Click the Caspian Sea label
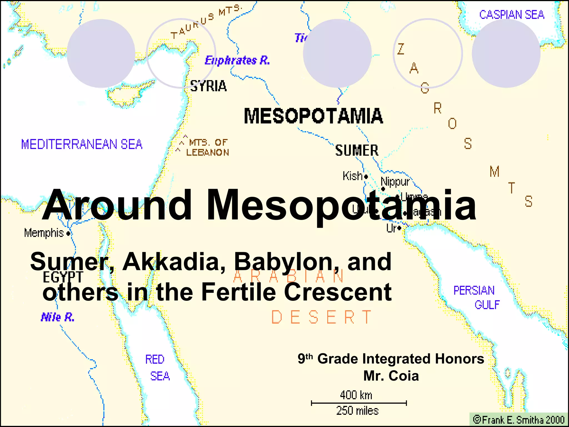coord(511,15)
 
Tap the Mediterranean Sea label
coord(82,144)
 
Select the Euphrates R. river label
coord(237,60)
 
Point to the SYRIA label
coord(208,86)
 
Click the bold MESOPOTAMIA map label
coord(313,116)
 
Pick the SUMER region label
coord(357,150)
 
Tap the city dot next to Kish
coord(366,177)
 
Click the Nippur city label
coord(395,182)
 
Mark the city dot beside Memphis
coord(68,234)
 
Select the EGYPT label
coord(63,277)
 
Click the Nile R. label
coord(58,317)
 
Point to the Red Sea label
coord(157,368)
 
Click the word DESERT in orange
coord(321,317)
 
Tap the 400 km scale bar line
coord(359,403)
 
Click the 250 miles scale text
coord(357,411)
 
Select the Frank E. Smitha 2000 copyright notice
coord(519,419)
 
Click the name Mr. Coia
coord(391,376)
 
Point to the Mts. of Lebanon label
coord(207,147)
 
